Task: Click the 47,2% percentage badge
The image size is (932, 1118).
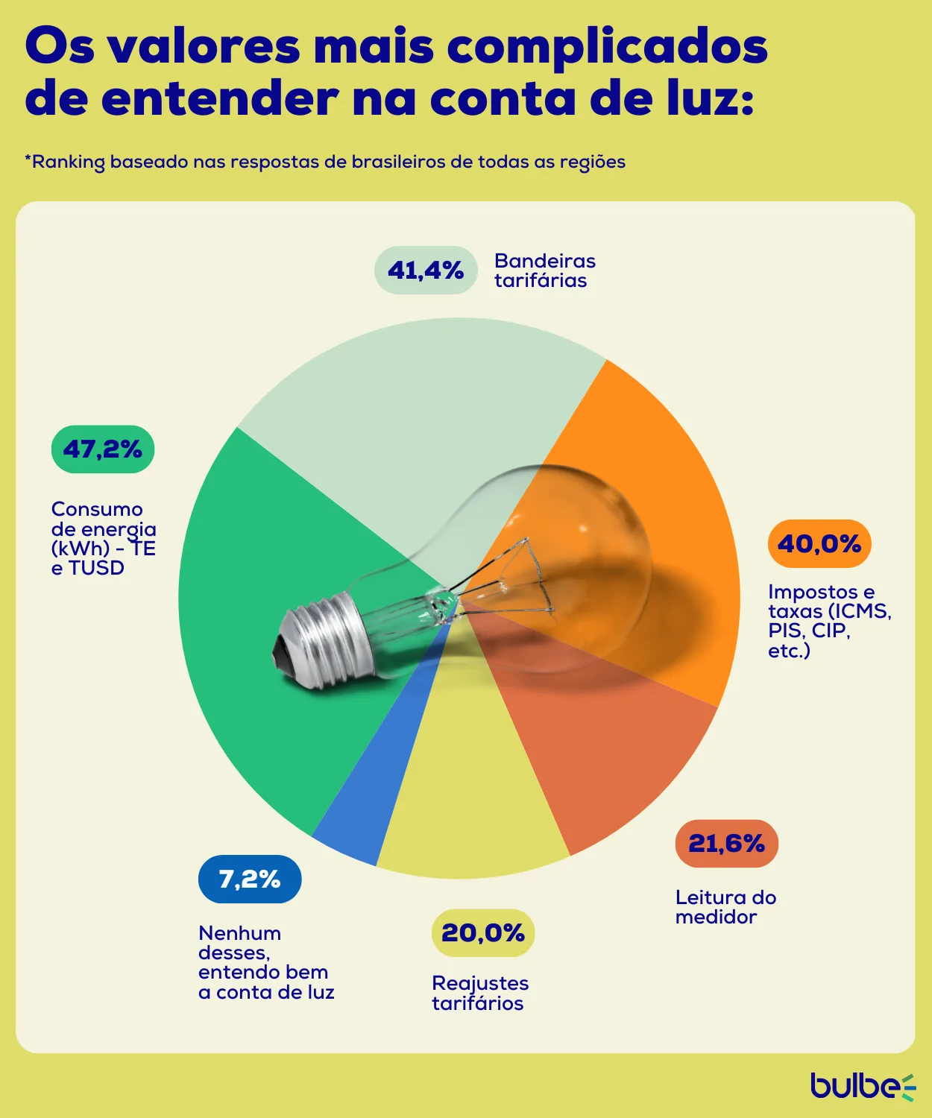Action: click(103, 449)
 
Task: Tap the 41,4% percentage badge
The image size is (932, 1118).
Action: click(426, 270)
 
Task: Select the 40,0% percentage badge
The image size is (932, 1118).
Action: click(819, 543)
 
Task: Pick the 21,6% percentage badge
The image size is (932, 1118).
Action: click(726, 844)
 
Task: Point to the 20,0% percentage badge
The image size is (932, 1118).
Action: click(483, 933)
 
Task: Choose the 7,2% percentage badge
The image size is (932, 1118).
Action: click(250, 879)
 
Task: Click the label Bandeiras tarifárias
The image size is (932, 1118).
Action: click(544, 271)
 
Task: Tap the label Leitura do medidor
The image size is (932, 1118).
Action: click(725, 907)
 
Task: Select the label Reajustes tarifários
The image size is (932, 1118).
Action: click(479, 993)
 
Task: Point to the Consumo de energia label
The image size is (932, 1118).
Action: click(103, 538)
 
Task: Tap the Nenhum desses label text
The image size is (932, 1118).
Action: click(265, 962)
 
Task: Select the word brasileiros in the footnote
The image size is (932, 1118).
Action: click(398, 162)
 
